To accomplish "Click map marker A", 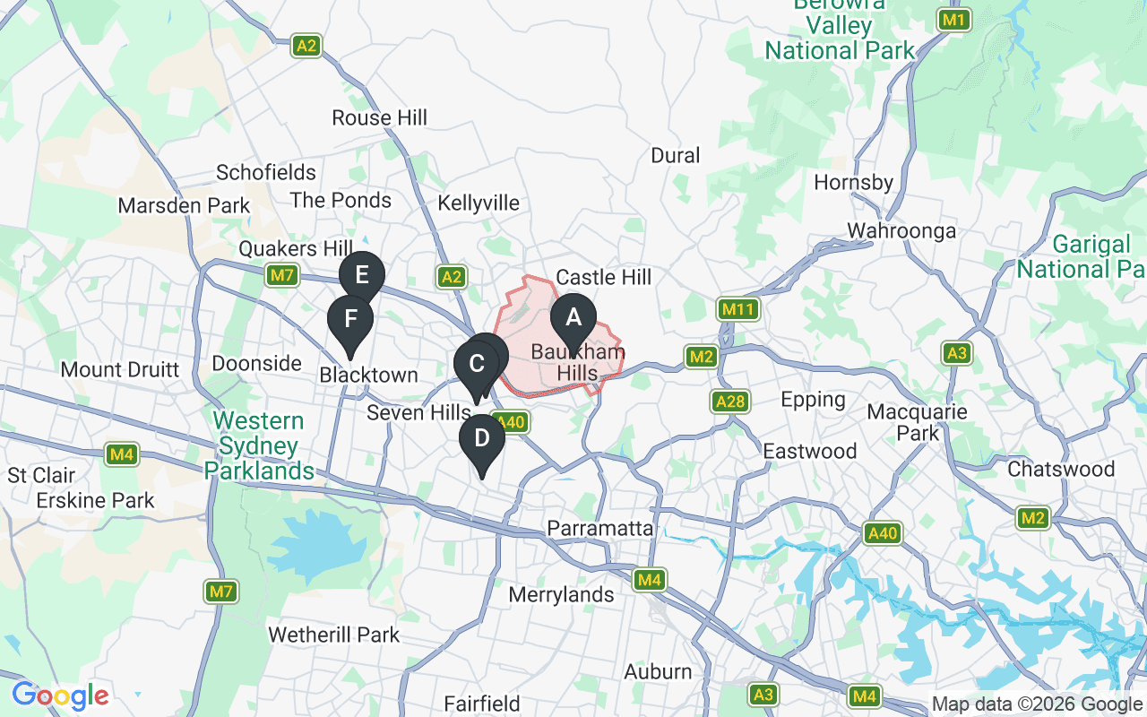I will (573, 318).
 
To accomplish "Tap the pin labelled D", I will (482, 439).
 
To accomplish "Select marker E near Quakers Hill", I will (362, 275).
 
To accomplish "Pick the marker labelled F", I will (350, 320).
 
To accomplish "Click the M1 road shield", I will (954, 20).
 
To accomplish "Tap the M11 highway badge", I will (738, 310).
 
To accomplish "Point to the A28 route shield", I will (730, 402).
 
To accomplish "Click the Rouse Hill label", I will (379, 117).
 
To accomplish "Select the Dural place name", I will (676, 156).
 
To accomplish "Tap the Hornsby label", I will (853, 183).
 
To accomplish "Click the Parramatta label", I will (600, 528).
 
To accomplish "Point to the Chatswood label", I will (1061, 470).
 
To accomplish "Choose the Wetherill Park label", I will (334, 635).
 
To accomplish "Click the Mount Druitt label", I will (120, 369).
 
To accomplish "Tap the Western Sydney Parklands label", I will (259, 445).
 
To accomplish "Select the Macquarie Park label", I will (918, 422).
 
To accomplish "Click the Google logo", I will (61, 695).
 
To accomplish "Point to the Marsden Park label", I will (185, 206).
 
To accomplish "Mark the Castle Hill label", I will (604, 278).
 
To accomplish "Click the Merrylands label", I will (561, 595).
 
